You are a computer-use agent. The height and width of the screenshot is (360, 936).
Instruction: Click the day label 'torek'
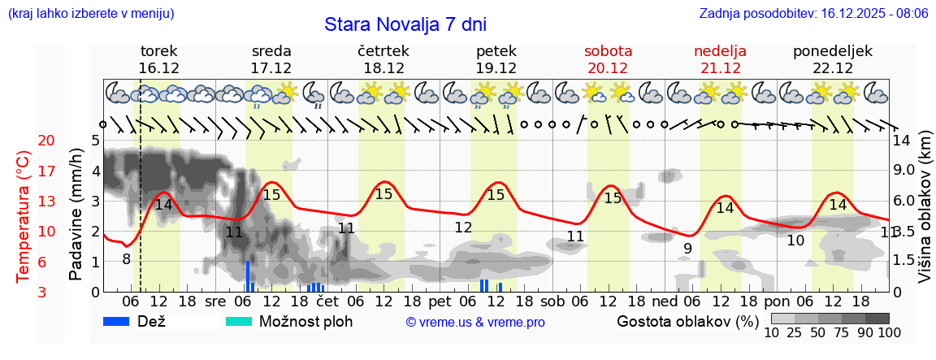[158, 51]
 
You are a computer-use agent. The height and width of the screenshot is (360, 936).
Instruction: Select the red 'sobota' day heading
[608, 51]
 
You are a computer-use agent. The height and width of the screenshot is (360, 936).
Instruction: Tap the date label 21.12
[720, 68]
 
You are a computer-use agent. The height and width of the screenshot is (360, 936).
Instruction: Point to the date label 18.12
[383, 68]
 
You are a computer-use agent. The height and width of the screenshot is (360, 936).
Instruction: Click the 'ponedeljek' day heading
[833, 51]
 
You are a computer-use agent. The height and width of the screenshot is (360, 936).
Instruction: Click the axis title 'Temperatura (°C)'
[24, 216]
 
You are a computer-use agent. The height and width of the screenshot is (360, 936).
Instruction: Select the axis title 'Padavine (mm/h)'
[76, 215]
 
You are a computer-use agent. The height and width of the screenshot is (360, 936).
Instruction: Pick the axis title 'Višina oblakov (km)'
[925, 215]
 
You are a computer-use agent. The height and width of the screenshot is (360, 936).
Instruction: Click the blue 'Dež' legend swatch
[122, 321]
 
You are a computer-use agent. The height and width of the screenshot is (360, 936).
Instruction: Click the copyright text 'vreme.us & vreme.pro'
[475, 322]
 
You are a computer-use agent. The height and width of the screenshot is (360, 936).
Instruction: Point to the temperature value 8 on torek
[126, 259]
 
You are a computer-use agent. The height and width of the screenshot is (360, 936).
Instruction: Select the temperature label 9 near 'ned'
[687, 248]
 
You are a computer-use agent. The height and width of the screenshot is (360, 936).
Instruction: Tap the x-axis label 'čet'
[327, 301]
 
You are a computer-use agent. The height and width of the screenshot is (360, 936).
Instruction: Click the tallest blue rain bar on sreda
[248, 276]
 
